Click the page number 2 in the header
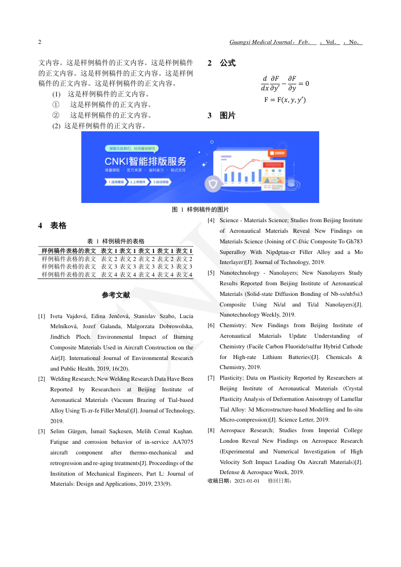click(x=40, y=42)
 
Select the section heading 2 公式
click(x=222, y=63)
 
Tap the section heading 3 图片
click(x=222, y=116)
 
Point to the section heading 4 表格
click(x=53, y=226)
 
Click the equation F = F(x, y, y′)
click(x=285, y=99)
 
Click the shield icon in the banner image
click(x=213, y=184)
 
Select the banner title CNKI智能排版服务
click(x=145, y=162)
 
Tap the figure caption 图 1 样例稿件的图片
click(x=201, y=210)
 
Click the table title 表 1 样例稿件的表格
click(x=116, y=241)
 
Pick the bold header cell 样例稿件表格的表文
click(x=69, y=251)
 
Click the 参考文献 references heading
click(x=116, y=295)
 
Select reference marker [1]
click(x=42, y=316)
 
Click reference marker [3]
click(x=42, y=431)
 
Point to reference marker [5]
click(x=211, y=273)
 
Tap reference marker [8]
click(x=211, y=431)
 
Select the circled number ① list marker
click(x=56, y=105)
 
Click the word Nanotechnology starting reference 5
click(x=238, y=273)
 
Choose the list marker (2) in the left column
click(x=56, y=126)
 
